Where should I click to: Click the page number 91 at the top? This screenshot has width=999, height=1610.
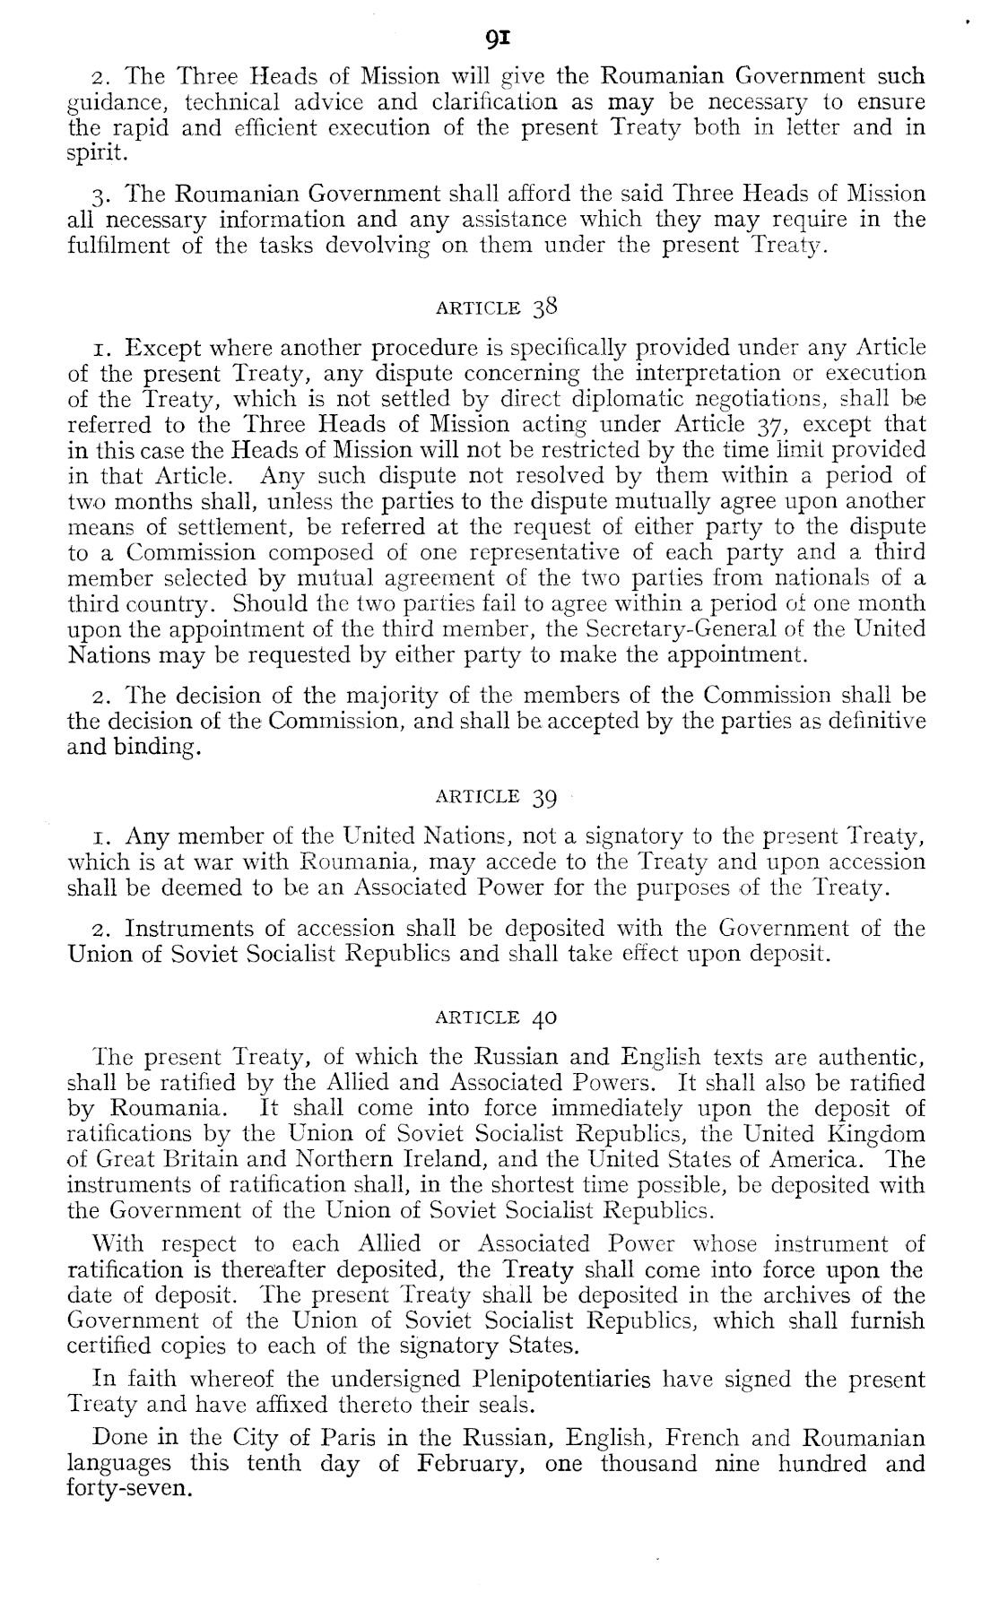499,39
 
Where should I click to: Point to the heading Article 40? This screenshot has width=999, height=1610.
496,1017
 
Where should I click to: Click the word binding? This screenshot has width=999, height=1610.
154,747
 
